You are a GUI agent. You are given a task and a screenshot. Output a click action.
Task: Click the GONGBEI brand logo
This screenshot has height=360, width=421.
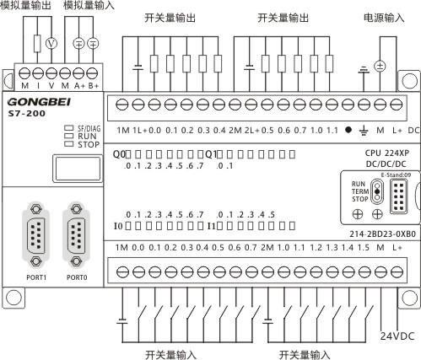pyautogui.click(x=39, y=102)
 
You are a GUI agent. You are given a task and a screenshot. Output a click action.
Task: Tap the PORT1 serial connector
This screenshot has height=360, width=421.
pyautogui.click(x=35, y=235)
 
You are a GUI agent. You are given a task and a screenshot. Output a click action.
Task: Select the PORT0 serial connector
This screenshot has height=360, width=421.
pyautogui.click(x=76, y=235)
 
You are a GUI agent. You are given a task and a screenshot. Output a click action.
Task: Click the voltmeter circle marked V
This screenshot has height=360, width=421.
pyautogui.click(x=51, y=44)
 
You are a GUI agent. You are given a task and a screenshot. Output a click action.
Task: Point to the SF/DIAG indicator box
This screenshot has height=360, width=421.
pyautogui.click(x=68, y=128)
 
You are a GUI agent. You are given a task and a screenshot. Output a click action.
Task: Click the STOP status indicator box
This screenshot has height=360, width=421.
pyautogui.click(x=68, y=144)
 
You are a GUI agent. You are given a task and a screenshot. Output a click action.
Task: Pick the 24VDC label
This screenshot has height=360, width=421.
pyautogui.click(x=397, y=336)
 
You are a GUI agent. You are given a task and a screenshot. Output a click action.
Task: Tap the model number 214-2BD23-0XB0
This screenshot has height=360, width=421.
pyautogui.click(x=382, y=234)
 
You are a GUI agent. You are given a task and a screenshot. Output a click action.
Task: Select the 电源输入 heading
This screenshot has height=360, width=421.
pyautogui.click(x=384, y=18)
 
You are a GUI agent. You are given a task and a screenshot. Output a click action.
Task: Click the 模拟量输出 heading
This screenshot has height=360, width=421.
pyautogui.click(x=25, y=5)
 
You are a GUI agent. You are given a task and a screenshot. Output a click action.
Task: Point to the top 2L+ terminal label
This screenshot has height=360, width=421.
pyautogui.click(x=252, y=131)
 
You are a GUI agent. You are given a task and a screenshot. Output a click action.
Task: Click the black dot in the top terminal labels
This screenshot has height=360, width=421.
pyautogui.click(x=348, y=130)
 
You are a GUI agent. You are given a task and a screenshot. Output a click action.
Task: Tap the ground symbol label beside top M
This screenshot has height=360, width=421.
pyautogui.click(x=364, y=131)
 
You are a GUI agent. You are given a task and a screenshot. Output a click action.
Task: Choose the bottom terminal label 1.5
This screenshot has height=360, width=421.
pyautogui.click(x=364, y=248)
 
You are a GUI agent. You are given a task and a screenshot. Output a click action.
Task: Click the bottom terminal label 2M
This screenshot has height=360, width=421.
pyautogui.click(x=267, y=248)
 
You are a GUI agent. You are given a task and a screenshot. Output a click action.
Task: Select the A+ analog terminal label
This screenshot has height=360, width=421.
pyautogui.click(x=79, y=86)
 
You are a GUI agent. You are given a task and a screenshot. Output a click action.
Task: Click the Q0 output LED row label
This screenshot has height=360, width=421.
pyautogui.click(x=119, y=154)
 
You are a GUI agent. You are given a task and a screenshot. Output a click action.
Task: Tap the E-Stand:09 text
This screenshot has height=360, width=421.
pyautogui.click(x=396, y=175)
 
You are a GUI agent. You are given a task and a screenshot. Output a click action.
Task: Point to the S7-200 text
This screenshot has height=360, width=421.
pyautogui.click(x=27, y=114)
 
